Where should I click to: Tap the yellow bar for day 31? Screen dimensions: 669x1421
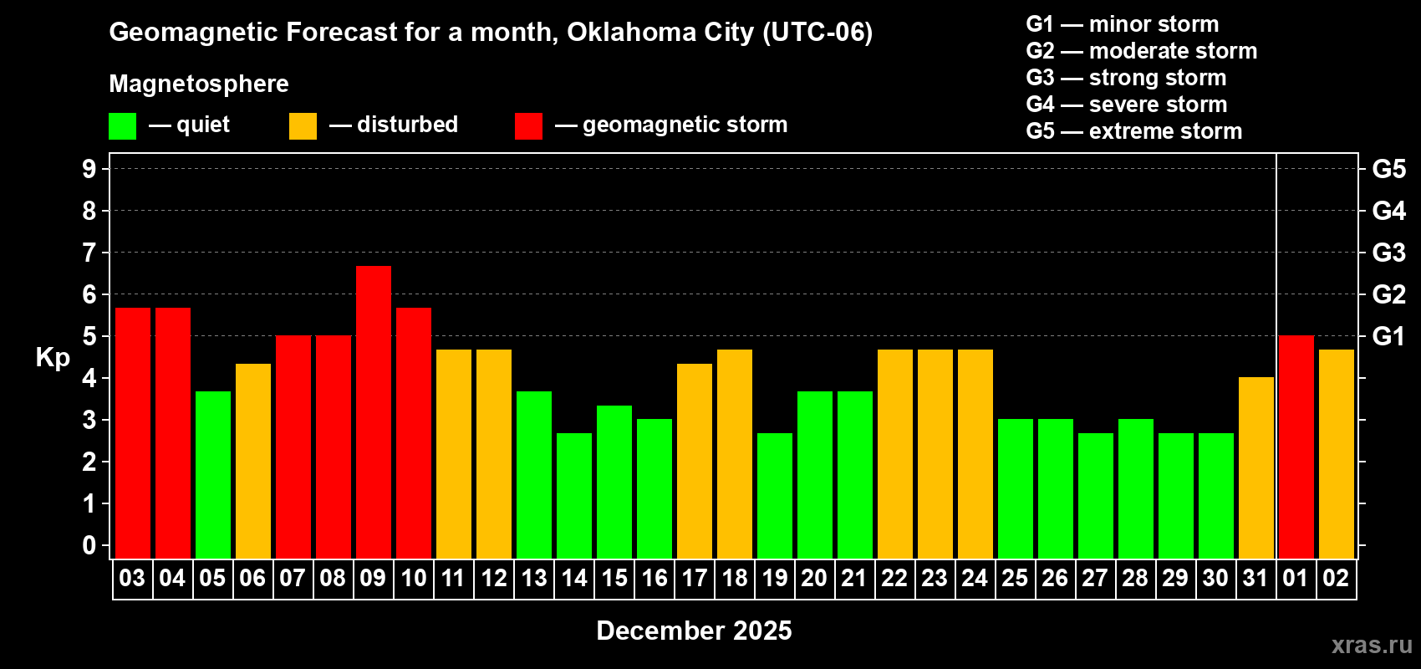coord(1256,467)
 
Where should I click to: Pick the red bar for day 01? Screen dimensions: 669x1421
coord(1296,447)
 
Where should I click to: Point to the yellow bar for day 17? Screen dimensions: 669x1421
coord(695,461)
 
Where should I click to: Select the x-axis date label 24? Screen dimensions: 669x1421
coord(975,578)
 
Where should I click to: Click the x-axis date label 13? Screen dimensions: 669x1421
coord(534,578)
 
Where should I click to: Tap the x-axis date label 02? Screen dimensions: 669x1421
coord(1336,578)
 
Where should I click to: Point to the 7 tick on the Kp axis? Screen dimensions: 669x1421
coord(89,253)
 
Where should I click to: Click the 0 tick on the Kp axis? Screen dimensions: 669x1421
coord(89,545)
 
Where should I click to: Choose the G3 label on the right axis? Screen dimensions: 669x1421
coord(1388,253)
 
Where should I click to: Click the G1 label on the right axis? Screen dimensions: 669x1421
coord(1388,336)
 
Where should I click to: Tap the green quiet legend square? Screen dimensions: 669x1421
coord(123,126)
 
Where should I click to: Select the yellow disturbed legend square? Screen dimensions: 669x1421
coord(303,126)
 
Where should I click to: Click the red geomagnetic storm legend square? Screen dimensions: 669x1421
coord(529,126)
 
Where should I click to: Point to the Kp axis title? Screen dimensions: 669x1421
coord(53,358)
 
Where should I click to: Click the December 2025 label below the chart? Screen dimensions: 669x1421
coord(694,631)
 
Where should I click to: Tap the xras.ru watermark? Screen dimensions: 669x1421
coord(1372,645)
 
